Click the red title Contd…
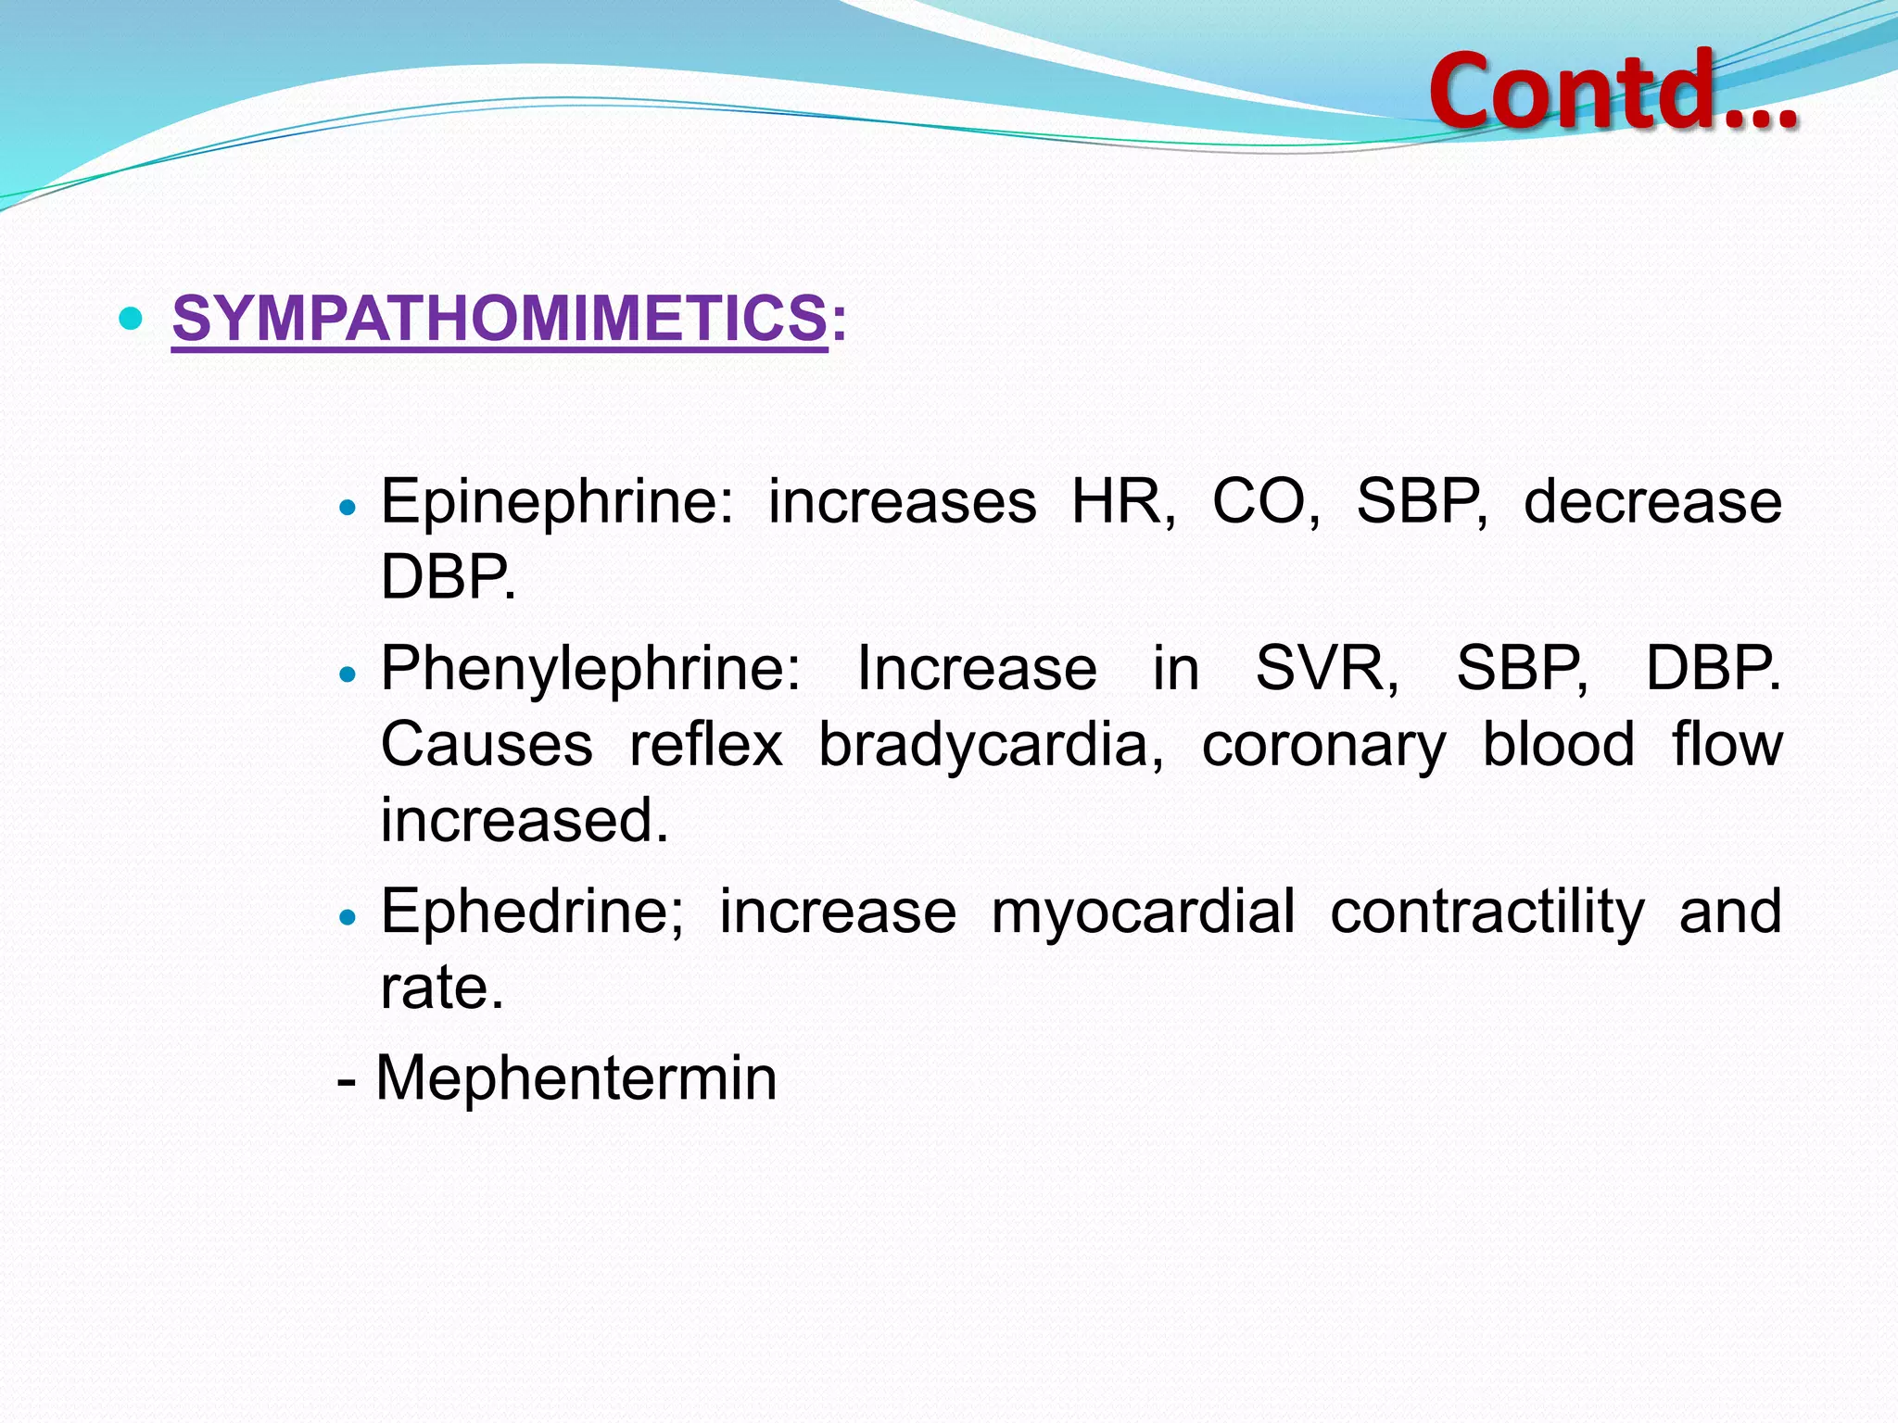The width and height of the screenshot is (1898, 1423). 1613,91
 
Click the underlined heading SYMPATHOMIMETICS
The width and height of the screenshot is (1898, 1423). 499,318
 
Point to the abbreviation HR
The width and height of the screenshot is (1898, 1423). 1122,503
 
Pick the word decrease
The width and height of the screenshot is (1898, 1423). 1652,503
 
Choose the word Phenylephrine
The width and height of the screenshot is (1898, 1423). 590,670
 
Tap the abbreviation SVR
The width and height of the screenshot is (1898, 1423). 1326,668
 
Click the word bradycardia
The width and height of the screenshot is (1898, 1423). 991,746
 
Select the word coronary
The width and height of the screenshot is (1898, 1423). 1323,746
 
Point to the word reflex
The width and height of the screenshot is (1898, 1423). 705,746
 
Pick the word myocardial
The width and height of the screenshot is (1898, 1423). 1143,913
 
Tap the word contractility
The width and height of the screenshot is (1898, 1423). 1487,913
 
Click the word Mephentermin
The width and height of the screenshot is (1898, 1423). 576,1079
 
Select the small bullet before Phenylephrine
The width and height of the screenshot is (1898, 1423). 348,674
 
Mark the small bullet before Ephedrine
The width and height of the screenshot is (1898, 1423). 348,917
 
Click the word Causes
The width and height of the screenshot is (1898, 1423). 487,746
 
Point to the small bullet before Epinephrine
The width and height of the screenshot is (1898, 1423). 348,508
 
